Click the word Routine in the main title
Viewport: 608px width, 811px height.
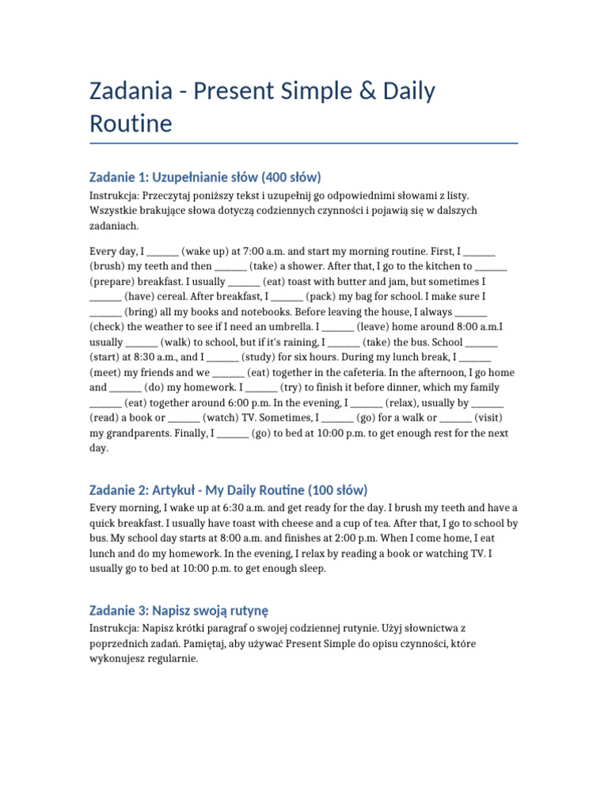click(x=131, y=124)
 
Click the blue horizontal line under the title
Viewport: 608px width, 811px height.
click(x=304, y=143)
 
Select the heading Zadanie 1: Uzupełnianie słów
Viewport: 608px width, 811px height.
click(x=206, y=177)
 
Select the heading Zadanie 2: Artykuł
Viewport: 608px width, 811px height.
click(x=229, y=489)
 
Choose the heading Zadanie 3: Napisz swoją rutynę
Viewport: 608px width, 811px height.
click(x=179, y=610)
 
